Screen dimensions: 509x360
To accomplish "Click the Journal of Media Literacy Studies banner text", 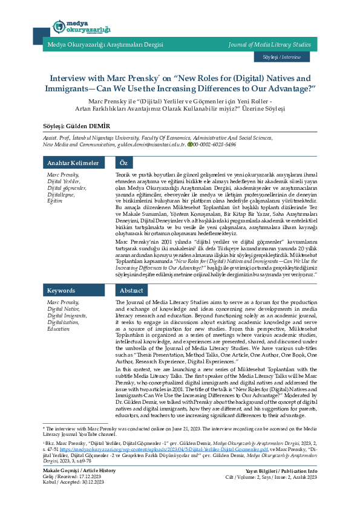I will point(269,44).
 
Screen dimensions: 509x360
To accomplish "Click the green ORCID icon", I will point(189,145).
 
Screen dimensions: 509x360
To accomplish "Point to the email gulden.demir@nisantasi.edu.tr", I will point(151,145).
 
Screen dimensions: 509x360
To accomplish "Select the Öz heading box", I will point(123,163).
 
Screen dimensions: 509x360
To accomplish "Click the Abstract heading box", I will point(131,290).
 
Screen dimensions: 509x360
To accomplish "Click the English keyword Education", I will point(59,329).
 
